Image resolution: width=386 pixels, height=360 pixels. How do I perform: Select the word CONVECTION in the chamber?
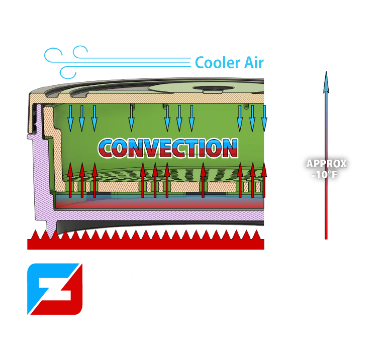(x=167, y=147)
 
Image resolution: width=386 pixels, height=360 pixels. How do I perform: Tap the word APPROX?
(x=327, y=164)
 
